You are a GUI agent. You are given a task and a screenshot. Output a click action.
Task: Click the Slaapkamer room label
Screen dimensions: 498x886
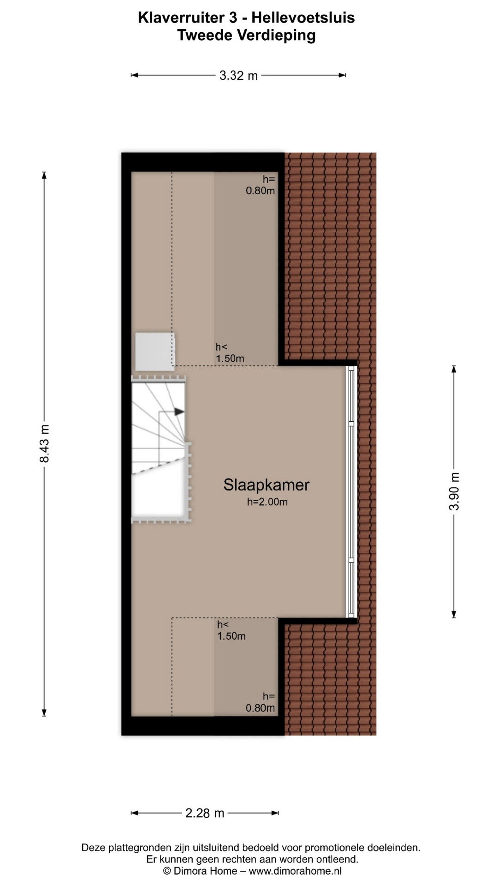tap(267, 485)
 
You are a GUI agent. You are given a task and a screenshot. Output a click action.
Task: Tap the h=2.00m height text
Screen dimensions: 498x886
tap(267, 502)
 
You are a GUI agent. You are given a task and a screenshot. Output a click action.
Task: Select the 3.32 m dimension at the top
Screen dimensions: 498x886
tap(238, 76)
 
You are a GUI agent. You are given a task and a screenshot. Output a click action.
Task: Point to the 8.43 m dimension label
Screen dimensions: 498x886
tap(44, 443)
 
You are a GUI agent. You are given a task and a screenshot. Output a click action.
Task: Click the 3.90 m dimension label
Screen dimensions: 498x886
tap(454, 491)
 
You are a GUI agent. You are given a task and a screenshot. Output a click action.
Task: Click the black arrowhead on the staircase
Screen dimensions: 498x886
tap(179, 412)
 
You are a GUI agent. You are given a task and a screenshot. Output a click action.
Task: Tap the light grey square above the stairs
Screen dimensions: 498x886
tap(155, 351)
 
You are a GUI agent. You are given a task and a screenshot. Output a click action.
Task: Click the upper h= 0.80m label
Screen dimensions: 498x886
tap(261, 185)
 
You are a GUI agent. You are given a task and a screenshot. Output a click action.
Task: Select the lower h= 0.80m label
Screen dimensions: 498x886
tap(261, 702)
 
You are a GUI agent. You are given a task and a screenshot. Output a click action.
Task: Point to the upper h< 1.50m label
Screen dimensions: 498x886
tap(230, 353)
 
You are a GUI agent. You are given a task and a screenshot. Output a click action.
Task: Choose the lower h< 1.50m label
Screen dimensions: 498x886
tap(231, 630)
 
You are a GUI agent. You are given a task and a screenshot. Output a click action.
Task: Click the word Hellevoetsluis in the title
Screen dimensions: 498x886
tap(303, 18)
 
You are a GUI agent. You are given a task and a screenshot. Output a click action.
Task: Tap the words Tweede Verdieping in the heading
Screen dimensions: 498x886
tap(247, 36)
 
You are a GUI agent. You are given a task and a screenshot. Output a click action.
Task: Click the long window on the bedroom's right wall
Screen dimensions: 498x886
tap(352, 491)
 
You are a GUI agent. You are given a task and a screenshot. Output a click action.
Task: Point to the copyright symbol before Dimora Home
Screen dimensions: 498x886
tap(167, 871)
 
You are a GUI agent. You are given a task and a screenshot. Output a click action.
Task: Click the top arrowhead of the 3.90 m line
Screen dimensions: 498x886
tap(454, 369)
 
